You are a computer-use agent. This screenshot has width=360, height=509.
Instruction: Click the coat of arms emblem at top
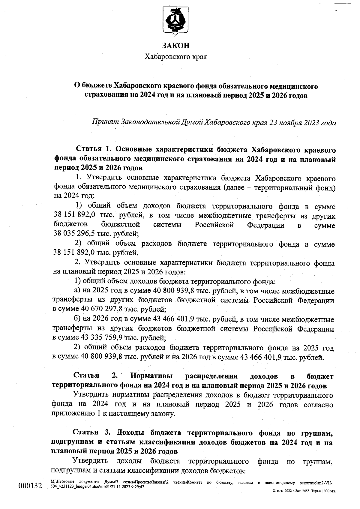tap(175, 20)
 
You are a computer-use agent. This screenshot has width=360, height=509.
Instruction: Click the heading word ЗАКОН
tap(176, 46)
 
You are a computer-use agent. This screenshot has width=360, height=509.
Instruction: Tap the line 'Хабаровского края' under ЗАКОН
tap(176, 57)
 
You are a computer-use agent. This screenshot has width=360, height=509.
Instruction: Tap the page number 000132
tap(30, 486)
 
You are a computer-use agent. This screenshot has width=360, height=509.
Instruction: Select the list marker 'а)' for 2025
tap(77, 291)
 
